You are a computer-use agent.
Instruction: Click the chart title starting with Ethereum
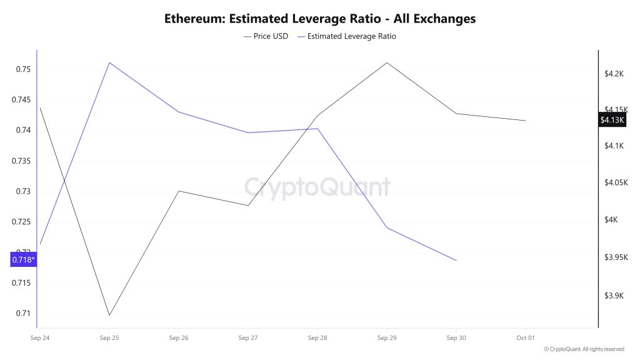pyautogui.click(x=320, y=19)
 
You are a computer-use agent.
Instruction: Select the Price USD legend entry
pyautogui.click(x=266, y=36)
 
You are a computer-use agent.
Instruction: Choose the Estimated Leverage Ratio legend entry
pyautogui.click(x=347, y=36)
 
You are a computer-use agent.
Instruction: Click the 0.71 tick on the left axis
pyautogui.click(x=22, y=314)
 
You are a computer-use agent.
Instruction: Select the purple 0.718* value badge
pyautogui.click(x=24, y=259)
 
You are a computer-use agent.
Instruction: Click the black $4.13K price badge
pyautogui.click(x=612, y=120)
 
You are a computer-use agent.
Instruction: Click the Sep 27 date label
pyautogui.click(x=248, y=338)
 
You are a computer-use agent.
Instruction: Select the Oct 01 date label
pyautogui.click(x=526, y=338)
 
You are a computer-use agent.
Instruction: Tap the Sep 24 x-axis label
pyautogui.click(x=40, y=338)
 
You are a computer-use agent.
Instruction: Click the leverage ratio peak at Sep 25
pyautogui.click(x=109, y=62)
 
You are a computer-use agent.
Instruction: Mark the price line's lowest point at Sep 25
pyautogui.click(x=109, y=315)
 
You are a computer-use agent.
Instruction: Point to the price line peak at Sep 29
pyautogui.click(x=387, y=62)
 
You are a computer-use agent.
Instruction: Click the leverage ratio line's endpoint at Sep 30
pyautogui.click(x=456, y=261)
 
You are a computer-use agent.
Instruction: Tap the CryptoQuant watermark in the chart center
pyautogui.click(x=316, y=187)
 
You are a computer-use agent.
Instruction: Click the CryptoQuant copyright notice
pyautogui.click(x=584, y=349)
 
